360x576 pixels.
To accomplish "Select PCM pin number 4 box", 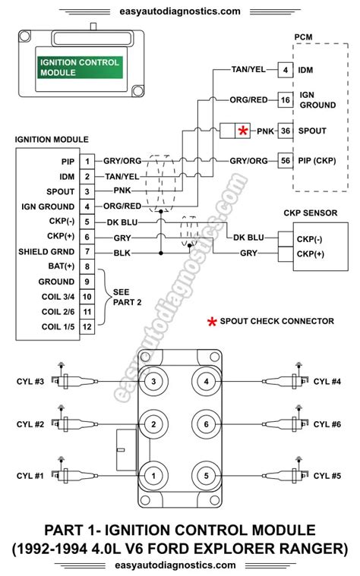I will (x=285, y=71).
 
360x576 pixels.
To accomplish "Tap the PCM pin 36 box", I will (x=285, y=131).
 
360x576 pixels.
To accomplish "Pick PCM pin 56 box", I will (x=285, y=161).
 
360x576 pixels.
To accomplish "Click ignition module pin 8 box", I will (x=87, y=266).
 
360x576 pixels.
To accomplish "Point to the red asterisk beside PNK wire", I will (x=243, y=131).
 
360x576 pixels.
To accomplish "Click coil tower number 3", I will (x=153, y=381).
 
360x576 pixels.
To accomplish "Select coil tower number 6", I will (x=206, y=423).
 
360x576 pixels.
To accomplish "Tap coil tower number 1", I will (x=153, y=476).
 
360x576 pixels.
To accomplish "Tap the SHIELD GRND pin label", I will (x=49, y=251).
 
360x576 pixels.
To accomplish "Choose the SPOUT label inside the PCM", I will (x=313, y=131).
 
